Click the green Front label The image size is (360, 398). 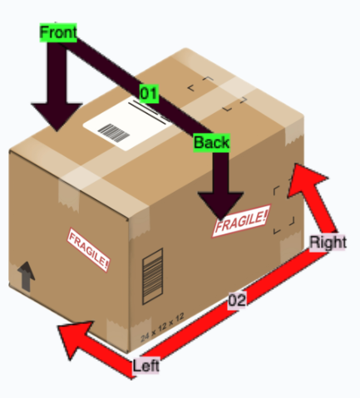coord(58,32)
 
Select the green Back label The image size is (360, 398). coord(212,143)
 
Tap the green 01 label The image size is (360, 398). coord(149,93)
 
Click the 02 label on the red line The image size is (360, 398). coord(237,300)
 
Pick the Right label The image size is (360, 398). coord(328,243)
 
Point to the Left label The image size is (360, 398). coord(146,366)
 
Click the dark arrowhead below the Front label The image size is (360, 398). coord(57,116)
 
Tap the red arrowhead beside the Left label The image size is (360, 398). coord(73,338)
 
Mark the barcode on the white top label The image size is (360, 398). coord(114,133)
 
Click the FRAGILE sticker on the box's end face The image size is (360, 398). coord(88,250)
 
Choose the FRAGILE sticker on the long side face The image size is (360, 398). coord(241,220)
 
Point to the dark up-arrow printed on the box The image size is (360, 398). coord(26,276)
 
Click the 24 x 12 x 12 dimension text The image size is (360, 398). coord(162,327)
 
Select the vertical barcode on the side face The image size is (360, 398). coord(152,277)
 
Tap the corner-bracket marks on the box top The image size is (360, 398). coord(217,94)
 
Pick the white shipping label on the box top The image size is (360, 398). coord(128,124)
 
